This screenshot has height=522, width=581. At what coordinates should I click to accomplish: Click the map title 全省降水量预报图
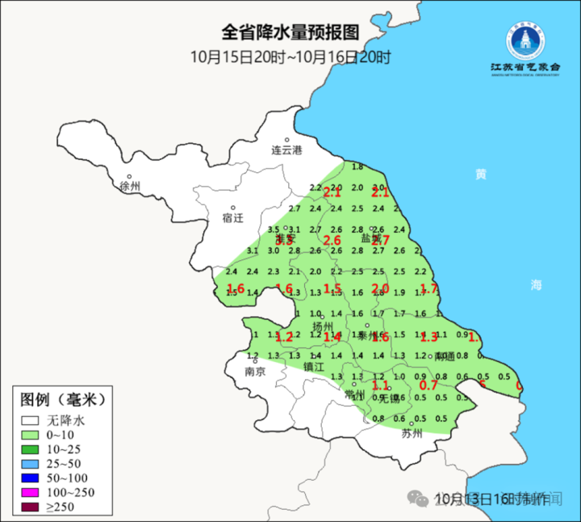(290, 33)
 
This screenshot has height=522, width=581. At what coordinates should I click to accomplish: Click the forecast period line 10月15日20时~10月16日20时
(290, 57)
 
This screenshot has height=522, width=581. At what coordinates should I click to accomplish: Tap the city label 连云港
(286, 150)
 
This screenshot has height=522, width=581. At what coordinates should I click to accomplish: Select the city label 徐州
(129, 187)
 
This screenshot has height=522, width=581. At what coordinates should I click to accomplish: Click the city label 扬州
(323, 326)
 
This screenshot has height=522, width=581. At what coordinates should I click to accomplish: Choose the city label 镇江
(313, 367)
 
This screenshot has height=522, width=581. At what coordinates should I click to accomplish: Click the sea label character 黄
(481, 174)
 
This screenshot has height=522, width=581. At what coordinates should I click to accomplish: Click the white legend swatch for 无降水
(31, 421)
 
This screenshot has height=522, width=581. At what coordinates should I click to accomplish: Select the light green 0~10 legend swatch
(31, 435)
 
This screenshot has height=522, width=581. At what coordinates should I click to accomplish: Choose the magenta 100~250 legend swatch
(31, 492)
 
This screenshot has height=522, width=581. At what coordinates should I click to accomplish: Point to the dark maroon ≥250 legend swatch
(31, 507)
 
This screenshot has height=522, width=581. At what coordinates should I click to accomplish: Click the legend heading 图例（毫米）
(63, 398)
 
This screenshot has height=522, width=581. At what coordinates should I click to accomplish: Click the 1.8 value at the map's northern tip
(357, 166)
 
